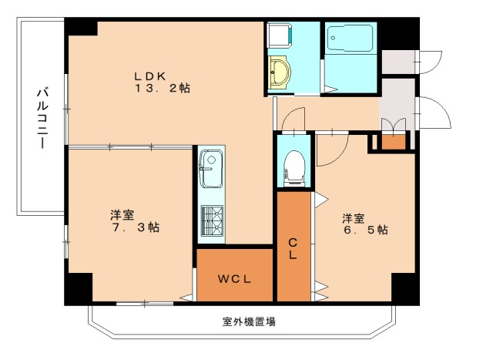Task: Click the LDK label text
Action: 150,76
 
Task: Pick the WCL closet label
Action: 233,278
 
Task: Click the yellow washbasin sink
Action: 280,75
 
